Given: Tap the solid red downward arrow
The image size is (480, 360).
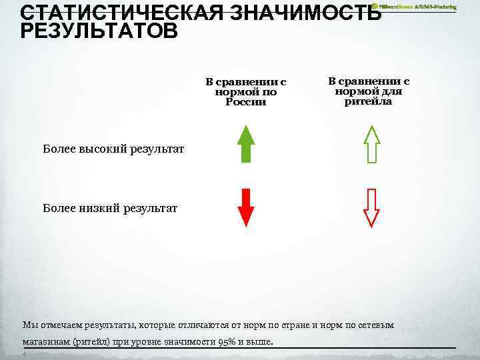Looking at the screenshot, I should click(246, 207).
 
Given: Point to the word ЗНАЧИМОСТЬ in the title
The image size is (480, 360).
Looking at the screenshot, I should click(307, 13).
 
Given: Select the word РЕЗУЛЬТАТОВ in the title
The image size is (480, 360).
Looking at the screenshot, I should click(99, 31).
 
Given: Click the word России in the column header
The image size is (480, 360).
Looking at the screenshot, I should click(245, 102).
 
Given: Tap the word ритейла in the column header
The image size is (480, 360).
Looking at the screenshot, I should click(368, 101).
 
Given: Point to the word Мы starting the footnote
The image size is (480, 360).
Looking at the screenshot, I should click(29, 325).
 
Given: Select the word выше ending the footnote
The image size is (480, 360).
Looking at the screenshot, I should click(262, 342).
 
